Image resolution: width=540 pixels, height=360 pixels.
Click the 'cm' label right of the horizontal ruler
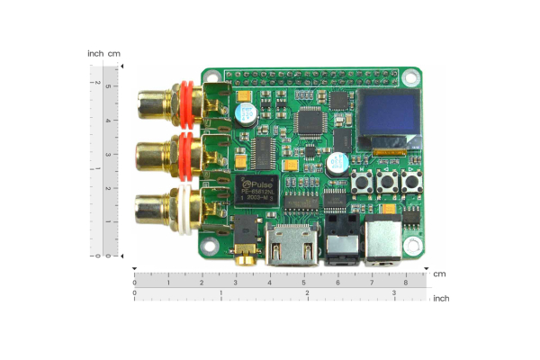(x=439, y=274)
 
